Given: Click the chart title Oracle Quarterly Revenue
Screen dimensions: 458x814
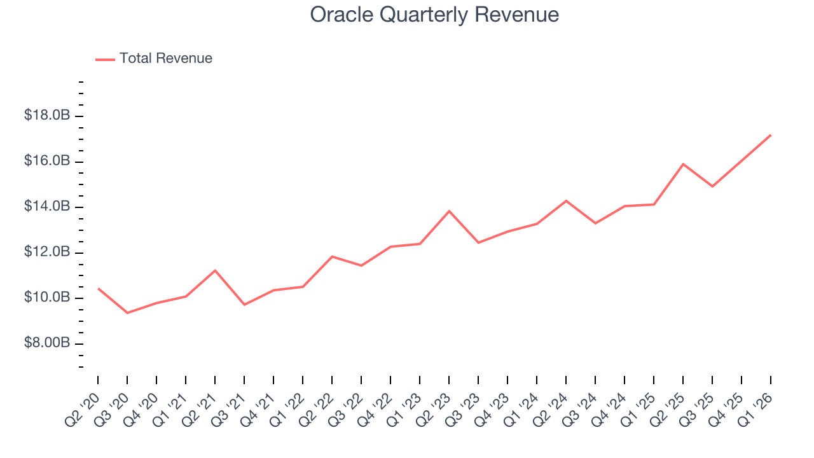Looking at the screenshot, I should tap(434, 15).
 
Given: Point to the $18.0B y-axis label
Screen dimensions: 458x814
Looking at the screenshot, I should tap(46, 116).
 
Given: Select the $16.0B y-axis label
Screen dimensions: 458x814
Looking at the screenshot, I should tap(46, 162).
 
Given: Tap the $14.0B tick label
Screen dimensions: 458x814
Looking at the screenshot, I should tap(46, 207).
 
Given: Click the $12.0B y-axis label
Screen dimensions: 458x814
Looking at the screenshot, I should tap(46, 253).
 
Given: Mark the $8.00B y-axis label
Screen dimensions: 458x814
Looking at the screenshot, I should tap(46, 343).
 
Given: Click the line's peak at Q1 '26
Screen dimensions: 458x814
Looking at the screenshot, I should tap(771, 135).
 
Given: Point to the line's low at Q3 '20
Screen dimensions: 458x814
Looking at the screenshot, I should tap(127, 312).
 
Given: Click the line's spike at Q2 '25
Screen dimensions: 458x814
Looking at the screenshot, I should tap(683, 164).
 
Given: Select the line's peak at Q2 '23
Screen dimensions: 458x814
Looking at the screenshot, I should tap(449, 211).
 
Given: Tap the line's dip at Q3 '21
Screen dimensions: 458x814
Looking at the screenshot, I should tap(244, 305).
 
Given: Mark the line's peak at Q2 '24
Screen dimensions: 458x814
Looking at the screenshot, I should tap(566, 201).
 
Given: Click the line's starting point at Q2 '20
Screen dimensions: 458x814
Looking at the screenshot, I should tap(98, 289).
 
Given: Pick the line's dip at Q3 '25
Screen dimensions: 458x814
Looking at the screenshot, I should tap(712, 186).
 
